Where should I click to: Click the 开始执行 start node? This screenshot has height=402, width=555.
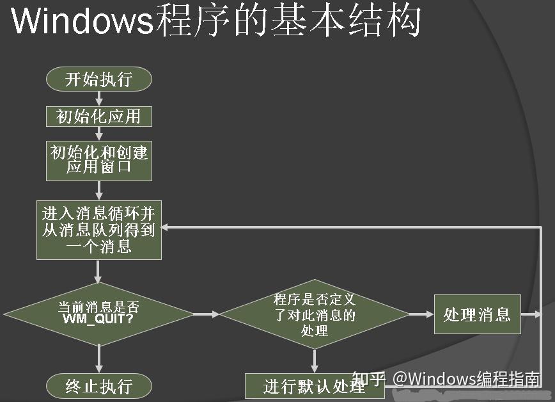pos(98,79)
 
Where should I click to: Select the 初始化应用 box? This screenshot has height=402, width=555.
pos(98,116)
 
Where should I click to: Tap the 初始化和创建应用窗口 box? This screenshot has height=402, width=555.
pos(98,160)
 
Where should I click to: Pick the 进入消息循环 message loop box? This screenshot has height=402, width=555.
pos(98,229)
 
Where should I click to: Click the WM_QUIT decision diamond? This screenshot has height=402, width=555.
pos(98,314)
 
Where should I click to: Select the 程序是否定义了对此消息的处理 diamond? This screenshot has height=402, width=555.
pos(314,314)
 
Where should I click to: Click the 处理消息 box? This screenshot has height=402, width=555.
pos(477,314)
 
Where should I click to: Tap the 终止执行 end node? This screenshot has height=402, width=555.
pos(98,386)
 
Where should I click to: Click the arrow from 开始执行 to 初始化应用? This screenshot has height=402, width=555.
pos(98,98)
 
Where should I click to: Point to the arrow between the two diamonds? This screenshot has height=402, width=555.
pos(206,314)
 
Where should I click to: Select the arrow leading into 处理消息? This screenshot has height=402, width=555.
pos(421,314)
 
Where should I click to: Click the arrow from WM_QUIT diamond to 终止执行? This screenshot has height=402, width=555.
pos(98,358)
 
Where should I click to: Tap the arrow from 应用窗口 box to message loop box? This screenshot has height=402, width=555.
pos(98,191)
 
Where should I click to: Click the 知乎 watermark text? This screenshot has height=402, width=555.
pos(369,379)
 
